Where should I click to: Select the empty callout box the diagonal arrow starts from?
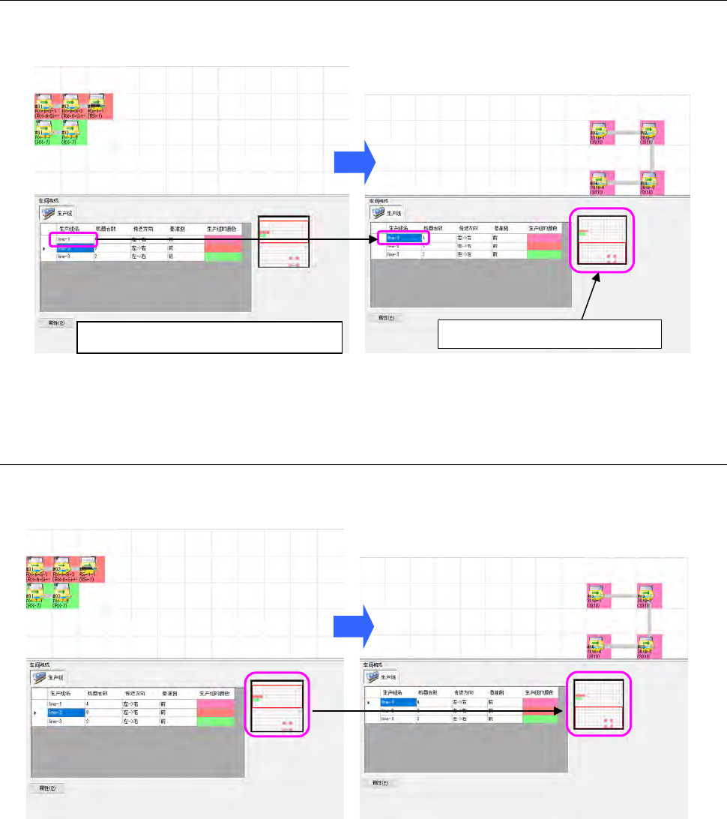coord(549,333)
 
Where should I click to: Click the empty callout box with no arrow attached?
coord(210,337)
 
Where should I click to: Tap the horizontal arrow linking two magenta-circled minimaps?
coord(438,709)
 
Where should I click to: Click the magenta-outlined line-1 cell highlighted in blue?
coord(402,238)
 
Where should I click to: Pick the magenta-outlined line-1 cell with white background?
coord(73,238)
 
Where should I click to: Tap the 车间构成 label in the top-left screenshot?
coord(49,200)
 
